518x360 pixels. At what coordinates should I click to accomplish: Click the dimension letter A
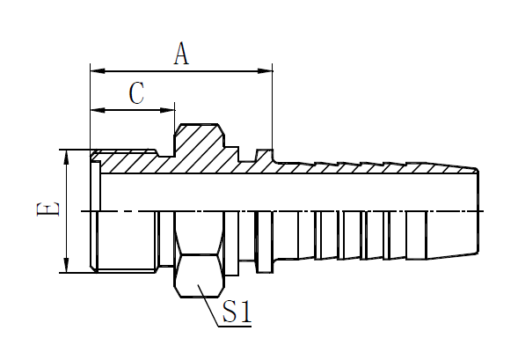[181, 53]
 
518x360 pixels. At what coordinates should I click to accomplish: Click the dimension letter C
[136, 93]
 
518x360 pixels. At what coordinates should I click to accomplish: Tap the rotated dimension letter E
[48, 209]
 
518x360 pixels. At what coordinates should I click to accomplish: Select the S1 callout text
[237, 311]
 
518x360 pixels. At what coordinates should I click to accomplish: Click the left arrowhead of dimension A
[98, 70]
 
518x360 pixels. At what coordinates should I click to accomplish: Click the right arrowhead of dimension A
[265, 70]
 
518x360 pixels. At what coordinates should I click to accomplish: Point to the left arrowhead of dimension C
[98, 110]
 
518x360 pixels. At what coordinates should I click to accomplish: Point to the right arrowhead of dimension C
[167, 110]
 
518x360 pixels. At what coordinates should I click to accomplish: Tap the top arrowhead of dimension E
[67, 157]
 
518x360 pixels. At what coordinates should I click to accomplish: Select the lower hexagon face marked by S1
[200, 276]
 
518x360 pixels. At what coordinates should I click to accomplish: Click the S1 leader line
[208, 305]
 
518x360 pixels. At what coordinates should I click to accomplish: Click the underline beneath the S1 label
[235, 327]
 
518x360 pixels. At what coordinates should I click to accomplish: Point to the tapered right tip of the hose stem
[478, 211]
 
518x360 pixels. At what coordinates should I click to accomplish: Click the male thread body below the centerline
[126, 242]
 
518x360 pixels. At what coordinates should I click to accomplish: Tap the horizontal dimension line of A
[181, 70]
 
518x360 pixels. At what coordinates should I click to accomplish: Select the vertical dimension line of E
[67, 211]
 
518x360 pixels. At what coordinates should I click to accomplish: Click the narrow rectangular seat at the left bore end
[96, 186]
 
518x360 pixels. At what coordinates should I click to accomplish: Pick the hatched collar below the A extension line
[265, 156]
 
